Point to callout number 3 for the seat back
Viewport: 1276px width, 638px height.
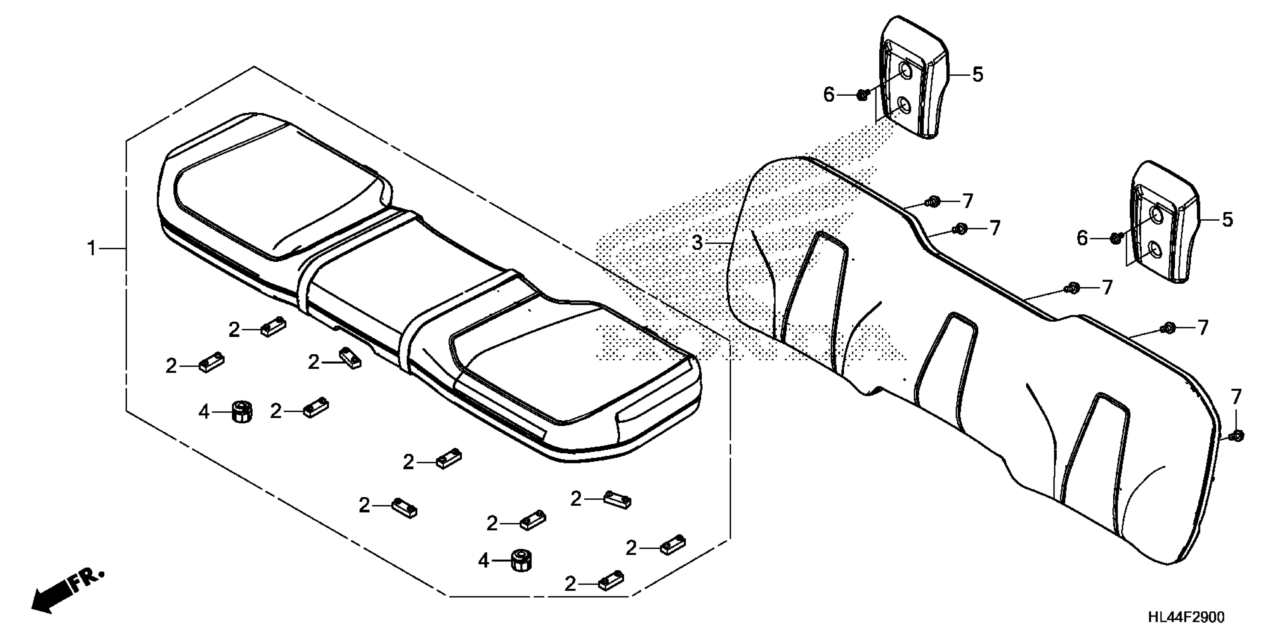[697, 243]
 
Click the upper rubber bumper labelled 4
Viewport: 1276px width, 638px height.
[242, 411]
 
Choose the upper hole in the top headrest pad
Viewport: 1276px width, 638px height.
[904, 71]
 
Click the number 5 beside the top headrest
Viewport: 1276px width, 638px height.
[977, 75]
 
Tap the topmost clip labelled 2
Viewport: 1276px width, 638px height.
[273, 327]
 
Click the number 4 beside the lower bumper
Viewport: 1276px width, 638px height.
[483, 561]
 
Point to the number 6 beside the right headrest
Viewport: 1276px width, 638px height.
[1082, 239]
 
